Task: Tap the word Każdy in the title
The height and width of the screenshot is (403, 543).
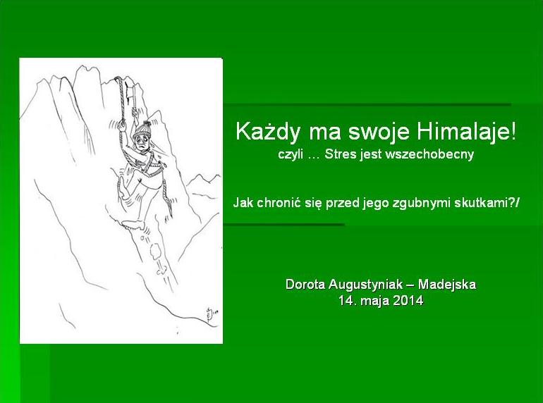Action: (x=267, y=132)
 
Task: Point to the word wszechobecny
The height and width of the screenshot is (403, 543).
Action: (x=429, y=154)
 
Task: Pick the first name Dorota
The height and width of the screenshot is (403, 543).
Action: (x=305, y=285)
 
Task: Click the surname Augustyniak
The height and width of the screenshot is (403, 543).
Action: (x=365, y=285)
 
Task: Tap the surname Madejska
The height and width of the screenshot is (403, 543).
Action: (x=446, y=285)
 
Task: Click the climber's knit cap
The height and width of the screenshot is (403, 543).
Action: (x=142, y=129)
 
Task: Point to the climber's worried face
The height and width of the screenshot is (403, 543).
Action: (x=142, y=141)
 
